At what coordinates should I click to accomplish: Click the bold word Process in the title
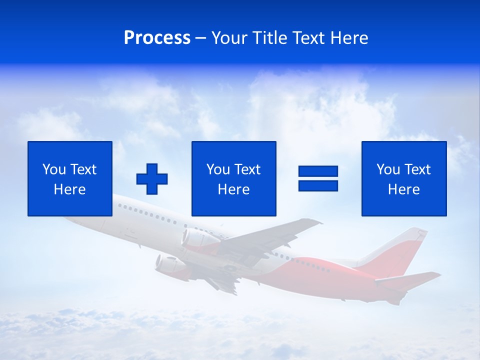point(157,38)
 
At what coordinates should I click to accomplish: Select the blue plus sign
point(152,178)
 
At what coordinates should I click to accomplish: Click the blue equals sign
point(318,178)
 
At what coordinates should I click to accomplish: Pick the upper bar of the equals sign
point(318,171)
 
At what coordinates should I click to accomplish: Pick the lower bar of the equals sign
point(318,185)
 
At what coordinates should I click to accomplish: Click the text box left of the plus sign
point(70,178)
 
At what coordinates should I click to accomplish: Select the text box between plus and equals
point(233,178)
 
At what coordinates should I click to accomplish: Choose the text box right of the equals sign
point(403,178)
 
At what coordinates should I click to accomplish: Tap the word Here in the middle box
point(233,189)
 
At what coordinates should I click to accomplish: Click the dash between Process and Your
point(201,38)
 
